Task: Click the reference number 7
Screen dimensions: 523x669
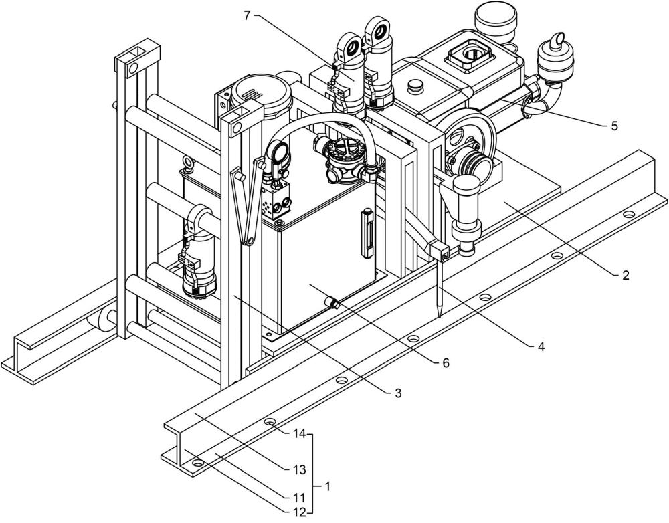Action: [247, 15]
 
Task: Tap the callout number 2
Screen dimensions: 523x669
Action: [626, 274]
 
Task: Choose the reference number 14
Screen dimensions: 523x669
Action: [298, 433]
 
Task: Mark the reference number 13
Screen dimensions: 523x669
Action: [299, 469]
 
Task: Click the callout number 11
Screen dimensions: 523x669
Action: [299, 498]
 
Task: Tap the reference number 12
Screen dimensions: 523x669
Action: [299, 512]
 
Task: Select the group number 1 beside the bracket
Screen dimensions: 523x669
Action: [327, 486]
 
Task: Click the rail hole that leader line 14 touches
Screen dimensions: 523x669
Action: [270, 423]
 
